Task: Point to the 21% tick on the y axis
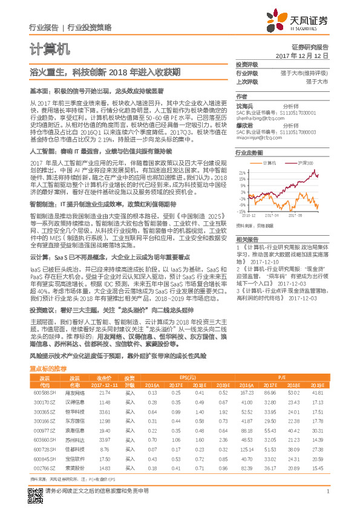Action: (242, 172)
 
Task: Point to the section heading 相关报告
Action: (246, 239)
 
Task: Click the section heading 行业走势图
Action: (249, 154)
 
